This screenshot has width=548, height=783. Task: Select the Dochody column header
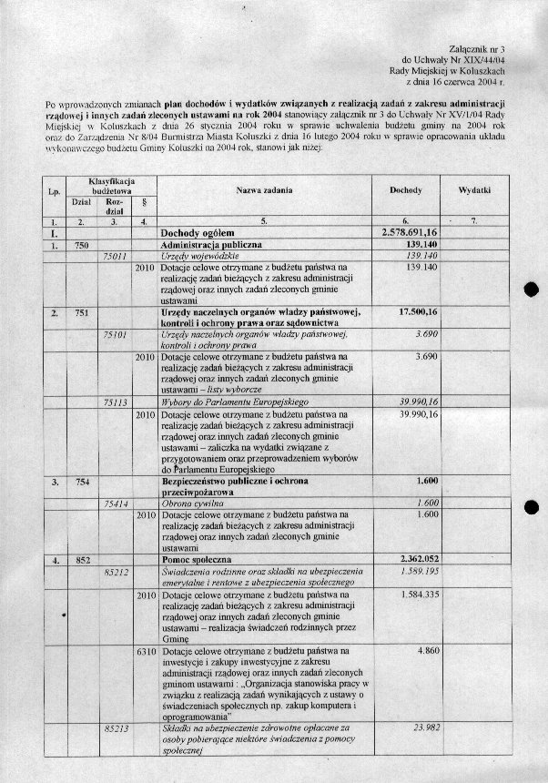(405, 190)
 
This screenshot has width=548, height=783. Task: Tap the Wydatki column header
(476, 190)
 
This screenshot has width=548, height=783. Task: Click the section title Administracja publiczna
(211, 246)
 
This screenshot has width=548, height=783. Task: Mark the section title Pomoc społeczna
(198, 559)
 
